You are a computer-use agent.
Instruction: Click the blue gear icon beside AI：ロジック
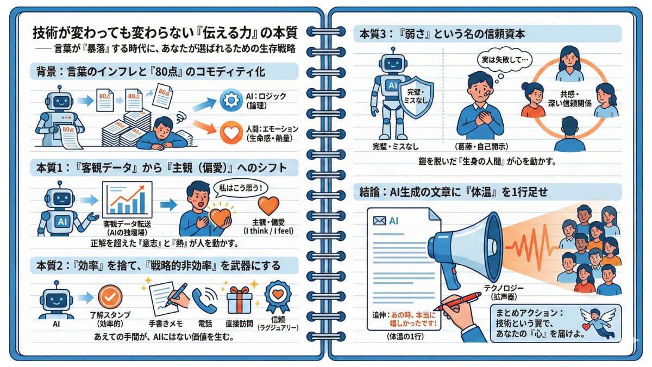pyautogui.click(x=231, y=100)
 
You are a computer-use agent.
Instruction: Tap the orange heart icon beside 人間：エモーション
pyautogui.click(x=231, y=133)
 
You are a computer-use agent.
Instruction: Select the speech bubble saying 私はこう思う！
pyautogui.click(x=240, y=189)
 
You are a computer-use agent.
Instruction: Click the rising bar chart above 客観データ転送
pyautogui.click(x=127, y=200)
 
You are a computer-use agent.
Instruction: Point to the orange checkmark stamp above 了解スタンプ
pyautogui.click(x=110, y=297)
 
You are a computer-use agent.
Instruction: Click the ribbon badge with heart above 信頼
pyautogui.click(x=278, y=297)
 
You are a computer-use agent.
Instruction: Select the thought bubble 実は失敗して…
pyautogui.click(x=505, y=60)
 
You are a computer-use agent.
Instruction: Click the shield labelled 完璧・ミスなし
pyautogui.click(x=416, y=97)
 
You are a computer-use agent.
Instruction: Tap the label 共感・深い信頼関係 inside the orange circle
pyautogui.click(x=569, y=99)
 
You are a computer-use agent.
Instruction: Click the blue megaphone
pyautogui.click(x=466, y=248)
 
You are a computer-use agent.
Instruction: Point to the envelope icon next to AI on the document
pyautogui.click(x=380, y=221)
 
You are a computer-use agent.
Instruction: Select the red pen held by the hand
pyautogui.click(x=457, y=302)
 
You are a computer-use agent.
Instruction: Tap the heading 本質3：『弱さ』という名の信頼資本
pyautogui.click(x=442, y=34)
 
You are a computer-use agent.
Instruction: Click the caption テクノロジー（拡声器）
pyautogui.click(x=504, y=293)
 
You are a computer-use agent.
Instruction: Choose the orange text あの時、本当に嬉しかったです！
pyautogui.click(x=413, y=319)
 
